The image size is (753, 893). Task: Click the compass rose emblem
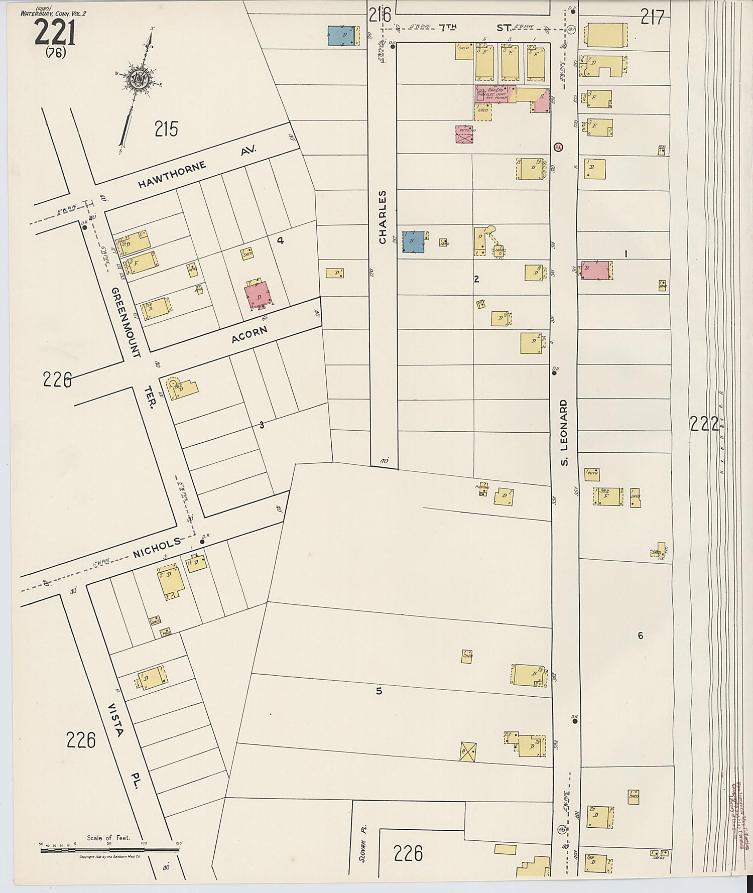(138, 80)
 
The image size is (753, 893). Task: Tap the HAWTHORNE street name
(172, 174)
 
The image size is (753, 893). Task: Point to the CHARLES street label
(383, 217)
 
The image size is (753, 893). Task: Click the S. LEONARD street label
(564, 432)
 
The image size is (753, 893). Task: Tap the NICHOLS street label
(156, 548)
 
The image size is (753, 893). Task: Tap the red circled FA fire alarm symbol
(558, 147)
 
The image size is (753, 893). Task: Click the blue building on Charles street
(414, 241)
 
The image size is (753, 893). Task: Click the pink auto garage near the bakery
(466, 135)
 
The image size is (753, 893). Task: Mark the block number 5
(379, 691)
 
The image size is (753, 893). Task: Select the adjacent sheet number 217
(652, 18)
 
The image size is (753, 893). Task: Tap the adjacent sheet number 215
(166, 130)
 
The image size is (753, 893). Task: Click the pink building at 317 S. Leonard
(596, 270)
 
